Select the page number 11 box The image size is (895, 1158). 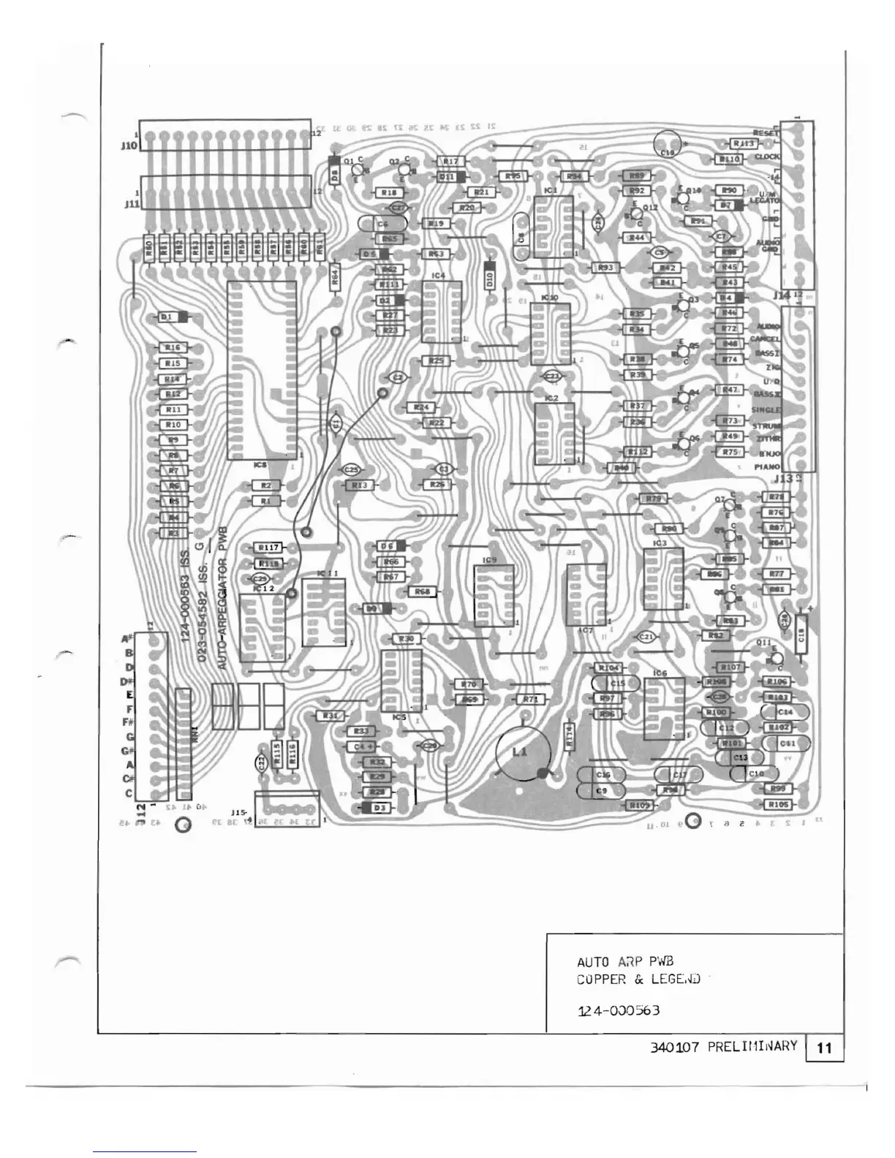(x=824, y=1048)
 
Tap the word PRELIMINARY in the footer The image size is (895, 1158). (x=752, y=1046)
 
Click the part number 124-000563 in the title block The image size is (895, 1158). (x=619, y=1011)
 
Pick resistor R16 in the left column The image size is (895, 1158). (x=173, y=348)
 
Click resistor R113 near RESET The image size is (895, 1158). (x=744, y=143)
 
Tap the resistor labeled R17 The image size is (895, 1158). (x=450, y=161)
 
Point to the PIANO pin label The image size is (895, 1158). (x=768, y=466)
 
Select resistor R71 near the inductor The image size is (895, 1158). (x=530, y=700)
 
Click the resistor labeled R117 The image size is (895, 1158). (x=269, y=548)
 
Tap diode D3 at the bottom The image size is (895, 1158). (x=378, y=808)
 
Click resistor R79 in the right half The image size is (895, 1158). (x=653, y=499)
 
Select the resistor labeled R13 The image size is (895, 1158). (x=359, y=485)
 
